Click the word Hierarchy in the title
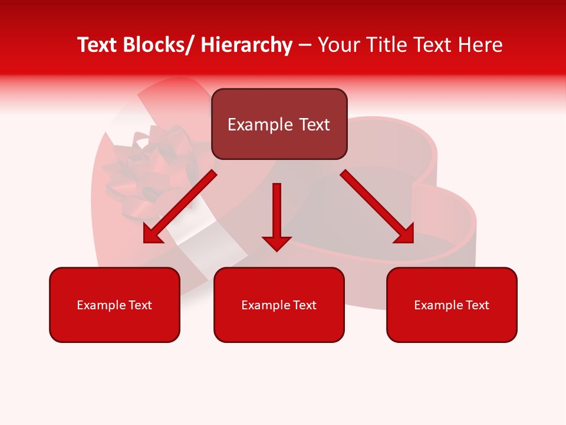pos(246,45)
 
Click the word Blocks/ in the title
pos(154,45)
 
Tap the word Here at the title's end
pos(481,45)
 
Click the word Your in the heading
pos(339,45)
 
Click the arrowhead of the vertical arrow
pos(277,243)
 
